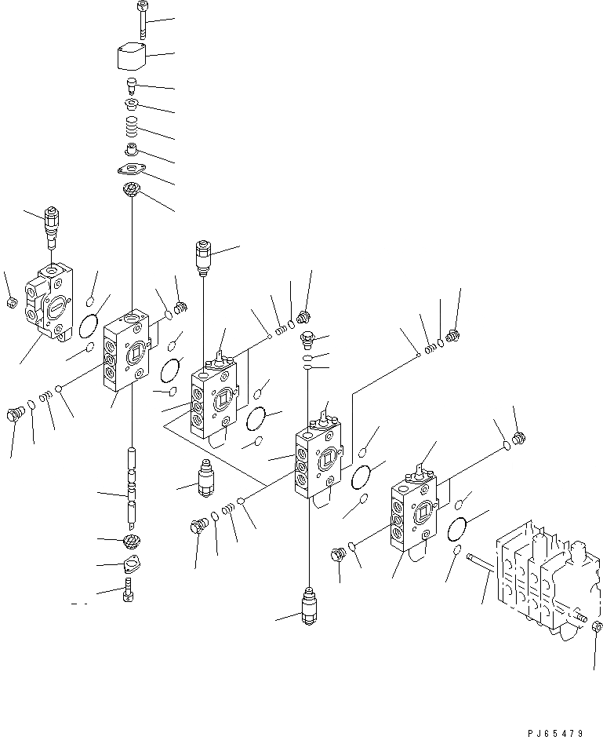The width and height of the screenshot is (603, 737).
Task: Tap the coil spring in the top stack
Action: coord(133,126)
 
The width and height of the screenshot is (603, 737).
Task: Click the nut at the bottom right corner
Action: coord(597,626)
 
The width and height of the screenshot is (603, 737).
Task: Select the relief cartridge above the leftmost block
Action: coord(52,223)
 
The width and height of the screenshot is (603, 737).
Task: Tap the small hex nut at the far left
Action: coord(10,302)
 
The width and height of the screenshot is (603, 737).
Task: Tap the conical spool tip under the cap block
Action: coord(133,84)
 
